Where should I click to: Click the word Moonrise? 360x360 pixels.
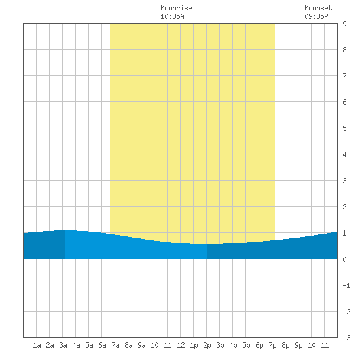176,8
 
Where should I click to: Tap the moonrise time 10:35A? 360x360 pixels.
172,16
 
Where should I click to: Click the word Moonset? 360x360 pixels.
318,8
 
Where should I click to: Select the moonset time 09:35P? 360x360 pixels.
316,16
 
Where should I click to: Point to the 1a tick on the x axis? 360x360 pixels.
37,345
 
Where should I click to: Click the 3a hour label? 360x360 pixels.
63,345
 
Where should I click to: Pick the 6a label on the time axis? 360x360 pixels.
102,345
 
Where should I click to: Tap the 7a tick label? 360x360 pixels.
115,345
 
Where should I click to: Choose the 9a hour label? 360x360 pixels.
141,345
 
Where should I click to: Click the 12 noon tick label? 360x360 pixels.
181,345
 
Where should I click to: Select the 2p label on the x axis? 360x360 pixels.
207,345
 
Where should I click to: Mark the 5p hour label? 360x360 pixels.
246,345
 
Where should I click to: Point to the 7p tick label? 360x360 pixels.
272,345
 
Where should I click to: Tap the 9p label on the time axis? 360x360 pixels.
298,345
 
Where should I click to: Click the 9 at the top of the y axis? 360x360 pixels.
344,24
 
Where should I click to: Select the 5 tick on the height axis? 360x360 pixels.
344,128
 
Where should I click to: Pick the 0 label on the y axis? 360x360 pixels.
344,259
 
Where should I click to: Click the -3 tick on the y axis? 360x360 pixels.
346,338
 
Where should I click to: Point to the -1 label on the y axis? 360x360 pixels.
346,285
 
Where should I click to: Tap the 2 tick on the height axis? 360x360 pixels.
344,207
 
